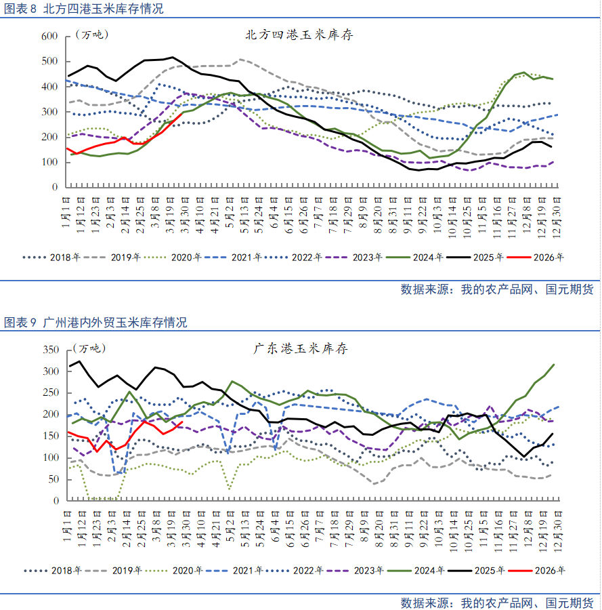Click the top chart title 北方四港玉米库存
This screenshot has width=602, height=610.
point(299,35)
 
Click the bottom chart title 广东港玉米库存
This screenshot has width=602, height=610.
point(301,350)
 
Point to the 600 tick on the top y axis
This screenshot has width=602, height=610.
point(49,36)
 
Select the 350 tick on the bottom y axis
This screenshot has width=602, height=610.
point(51,350)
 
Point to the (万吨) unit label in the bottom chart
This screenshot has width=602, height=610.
point(89,349)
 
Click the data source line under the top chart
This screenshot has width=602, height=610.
point(496,289)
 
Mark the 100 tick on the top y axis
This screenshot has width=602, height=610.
point(49,161)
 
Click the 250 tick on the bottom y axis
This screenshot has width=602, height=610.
point(51,393)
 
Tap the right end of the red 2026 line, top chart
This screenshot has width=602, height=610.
point(183,113)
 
